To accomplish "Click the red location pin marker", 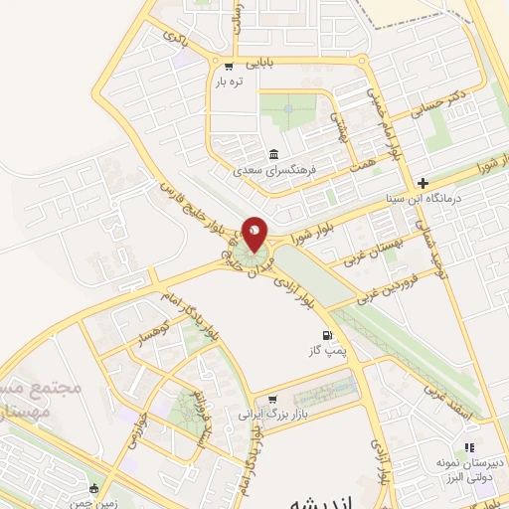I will (x=254, y=235).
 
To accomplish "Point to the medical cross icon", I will (x=424, y=183).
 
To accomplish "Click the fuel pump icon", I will (x=326, y=337).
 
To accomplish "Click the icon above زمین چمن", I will (x=94, y=488).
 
